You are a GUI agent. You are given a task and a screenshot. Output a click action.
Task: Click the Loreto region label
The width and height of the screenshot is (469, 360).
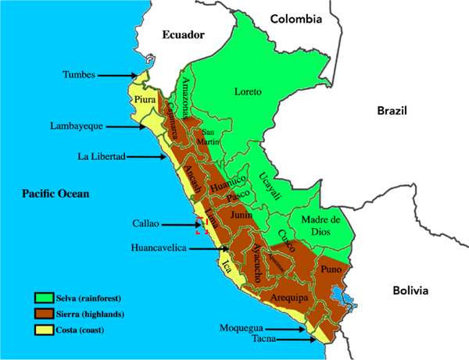(x=248, y=92)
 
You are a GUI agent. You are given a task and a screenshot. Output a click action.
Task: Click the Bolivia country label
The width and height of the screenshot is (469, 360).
(x=410, y=290)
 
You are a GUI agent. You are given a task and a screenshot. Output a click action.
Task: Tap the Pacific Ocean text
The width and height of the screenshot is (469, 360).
(x=55, y=194)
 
